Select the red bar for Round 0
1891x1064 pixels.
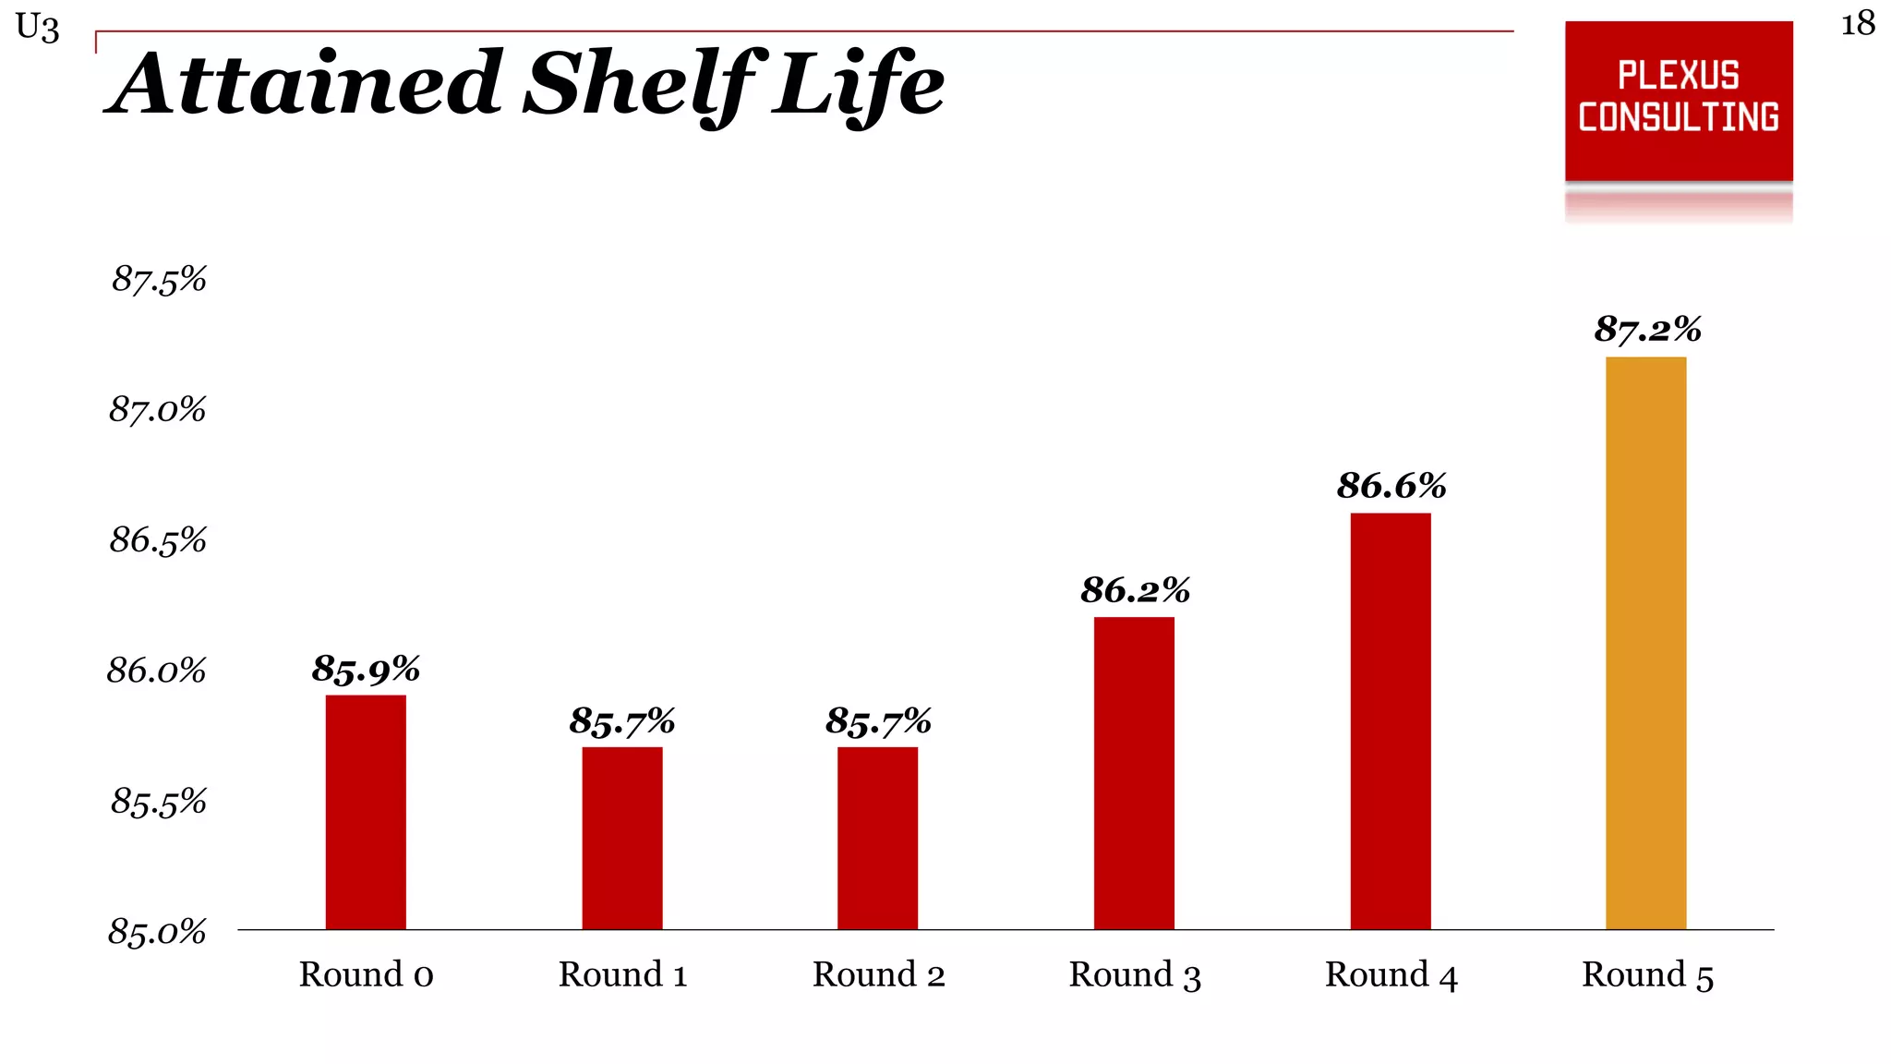366,812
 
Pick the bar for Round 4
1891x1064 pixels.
1391,720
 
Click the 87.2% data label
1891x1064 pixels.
1647,330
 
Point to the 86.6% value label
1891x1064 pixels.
1391,486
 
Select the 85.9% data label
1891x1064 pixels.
366,669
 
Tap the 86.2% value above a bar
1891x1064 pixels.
1135,590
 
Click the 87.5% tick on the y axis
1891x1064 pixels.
159,279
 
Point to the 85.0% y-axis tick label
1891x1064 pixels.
157,932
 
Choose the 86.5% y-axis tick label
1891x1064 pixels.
158,540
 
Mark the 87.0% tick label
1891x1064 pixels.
157,409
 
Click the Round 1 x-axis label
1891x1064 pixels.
622,975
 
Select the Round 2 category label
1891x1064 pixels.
878,975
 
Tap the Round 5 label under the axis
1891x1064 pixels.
1647,975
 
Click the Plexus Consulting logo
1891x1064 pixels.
1679,100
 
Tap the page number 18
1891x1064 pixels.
1858,24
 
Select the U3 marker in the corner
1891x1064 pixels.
38,28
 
